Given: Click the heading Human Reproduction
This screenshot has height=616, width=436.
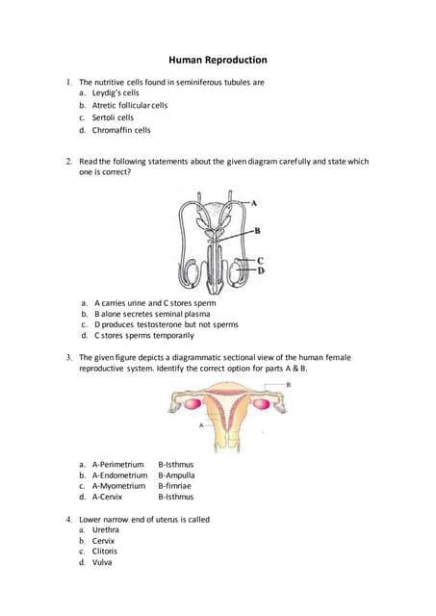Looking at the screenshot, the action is [x=218, y=61].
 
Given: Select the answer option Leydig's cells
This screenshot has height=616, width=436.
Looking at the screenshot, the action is [x=115, y=93].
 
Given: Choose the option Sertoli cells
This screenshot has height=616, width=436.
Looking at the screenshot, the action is [x=113, y=117].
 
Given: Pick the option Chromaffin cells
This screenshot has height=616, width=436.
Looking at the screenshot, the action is [x=121, y=130].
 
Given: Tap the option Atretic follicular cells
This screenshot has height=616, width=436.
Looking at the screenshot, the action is [x=130, y=105].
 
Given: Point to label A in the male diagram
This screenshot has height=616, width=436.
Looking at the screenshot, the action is [x=255, y=203].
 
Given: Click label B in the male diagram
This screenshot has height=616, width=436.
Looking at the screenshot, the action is [x=257, y=231].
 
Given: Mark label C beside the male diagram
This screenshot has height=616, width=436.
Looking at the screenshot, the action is [x=261, y=261].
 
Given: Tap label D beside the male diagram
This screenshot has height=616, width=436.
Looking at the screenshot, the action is [x=261, y=271].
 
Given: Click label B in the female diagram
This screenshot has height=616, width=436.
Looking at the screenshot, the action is [x=290, y=384].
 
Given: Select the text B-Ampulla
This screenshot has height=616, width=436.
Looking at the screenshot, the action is [x=176, y=475].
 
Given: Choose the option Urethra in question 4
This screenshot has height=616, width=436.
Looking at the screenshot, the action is [x=109, y=529].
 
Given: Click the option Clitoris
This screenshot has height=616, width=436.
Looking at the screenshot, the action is [x=109, y=552].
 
